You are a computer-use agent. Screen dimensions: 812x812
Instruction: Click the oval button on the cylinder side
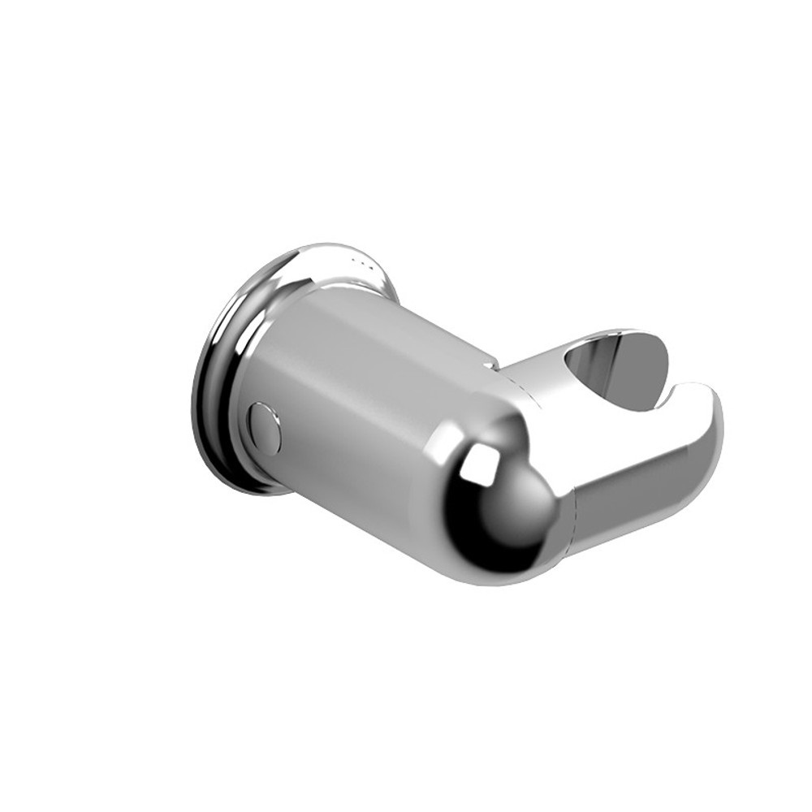pyautogui.click(x=265, y=427)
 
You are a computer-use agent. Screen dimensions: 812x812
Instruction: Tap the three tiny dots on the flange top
pyautogui.click(x=361, y=261)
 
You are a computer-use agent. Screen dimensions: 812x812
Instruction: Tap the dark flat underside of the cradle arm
pyautogui.click(x=641, y=503)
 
